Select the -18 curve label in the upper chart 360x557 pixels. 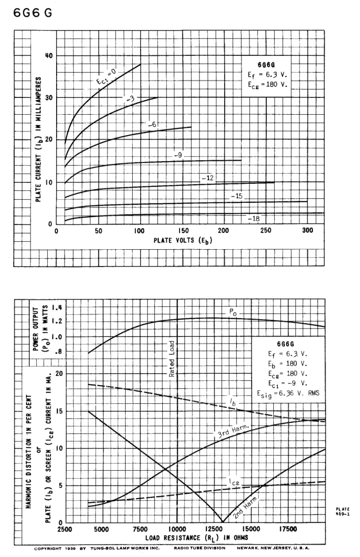[x=253, y=218]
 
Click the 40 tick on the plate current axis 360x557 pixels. [x=48, y=56]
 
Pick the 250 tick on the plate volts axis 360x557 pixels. [x=266, y=231]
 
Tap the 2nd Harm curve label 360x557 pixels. [x=244, y=507]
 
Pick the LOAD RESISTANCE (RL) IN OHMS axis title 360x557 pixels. [x=197, y=538]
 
